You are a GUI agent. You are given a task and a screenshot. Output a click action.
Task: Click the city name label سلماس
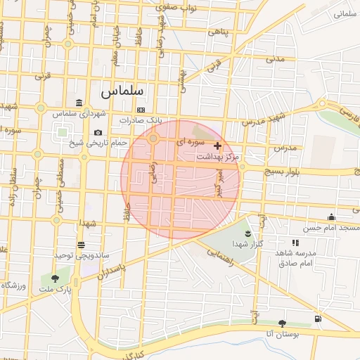pyautogui.click(x=122, y=91)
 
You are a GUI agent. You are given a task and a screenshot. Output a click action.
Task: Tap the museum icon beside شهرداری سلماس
pyautogui.click(x=79, y=103)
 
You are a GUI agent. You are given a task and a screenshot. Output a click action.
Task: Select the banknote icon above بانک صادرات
pyautogui.click(x=141, y=110)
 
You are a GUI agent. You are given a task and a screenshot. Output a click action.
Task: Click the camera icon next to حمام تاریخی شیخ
pyautogui.click(x=98, y=133)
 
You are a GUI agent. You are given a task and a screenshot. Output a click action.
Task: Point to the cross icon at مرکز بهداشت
pyautogui.click(x=217, y=146)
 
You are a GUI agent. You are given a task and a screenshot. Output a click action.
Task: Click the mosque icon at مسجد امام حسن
pyautogui.click(x=331, y=217)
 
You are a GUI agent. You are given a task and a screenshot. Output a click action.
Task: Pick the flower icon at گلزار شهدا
pyautogui.click(x=247, y=233)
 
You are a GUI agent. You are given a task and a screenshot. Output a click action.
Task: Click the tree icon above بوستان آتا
pyautogui.click(x=282, y=323)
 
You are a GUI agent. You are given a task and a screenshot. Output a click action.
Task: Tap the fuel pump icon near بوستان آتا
pyautogui.click(x=319, y=319)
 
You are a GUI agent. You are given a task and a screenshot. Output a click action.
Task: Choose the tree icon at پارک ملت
pyautogui.click(x=56, y=279)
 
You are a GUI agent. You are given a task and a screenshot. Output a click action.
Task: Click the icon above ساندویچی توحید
pyautogui.click(x=82, y=244)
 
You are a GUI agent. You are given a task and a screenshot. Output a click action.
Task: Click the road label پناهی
pyautogui.click(x=219, y=32)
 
